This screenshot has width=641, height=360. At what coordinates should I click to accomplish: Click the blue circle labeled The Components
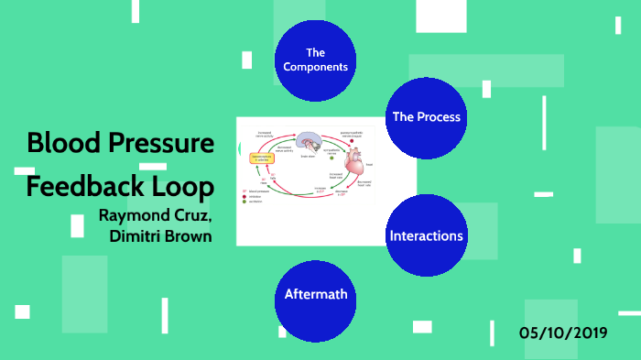point(316,60)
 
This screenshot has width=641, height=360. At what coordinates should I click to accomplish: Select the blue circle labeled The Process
point(426,117)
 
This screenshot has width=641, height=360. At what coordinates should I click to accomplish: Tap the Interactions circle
point(426,235)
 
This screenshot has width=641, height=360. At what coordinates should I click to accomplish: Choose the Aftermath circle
point(315,295)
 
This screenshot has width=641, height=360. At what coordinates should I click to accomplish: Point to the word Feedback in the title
point(84,187)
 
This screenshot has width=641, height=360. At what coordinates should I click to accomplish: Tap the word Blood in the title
point(57,145)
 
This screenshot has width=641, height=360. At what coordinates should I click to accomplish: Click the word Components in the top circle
point(316,67)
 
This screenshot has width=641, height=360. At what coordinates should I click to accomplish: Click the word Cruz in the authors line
point(196,218)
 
